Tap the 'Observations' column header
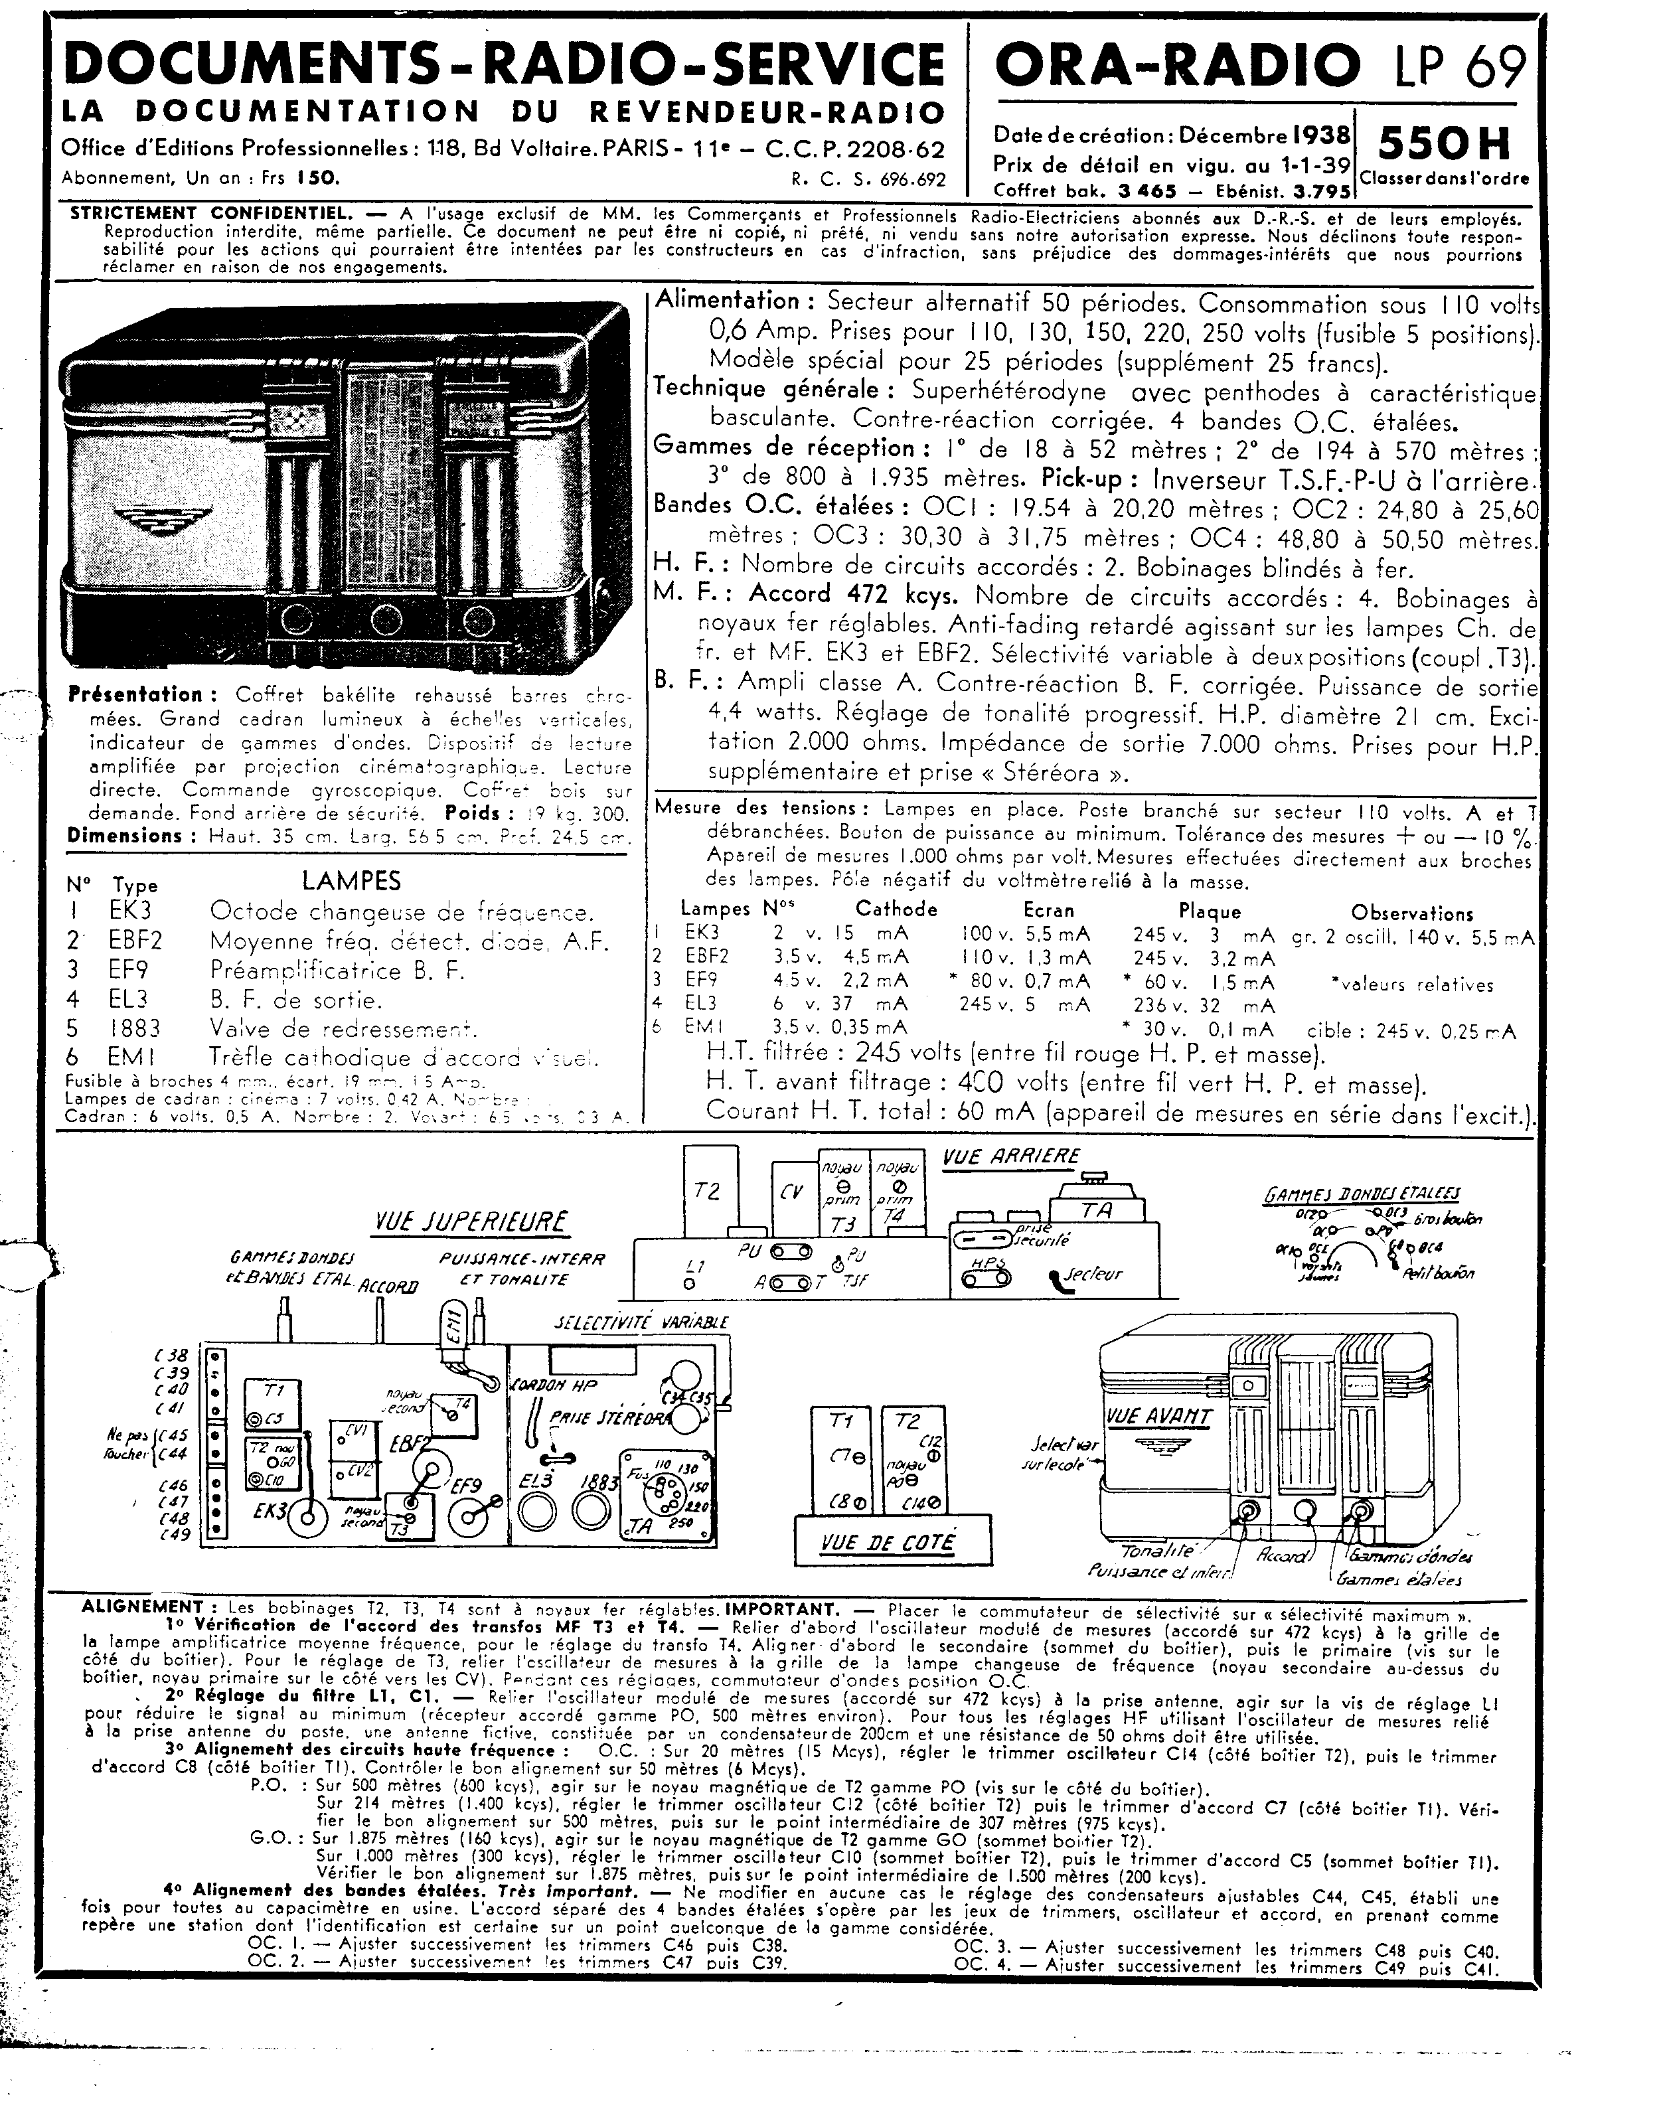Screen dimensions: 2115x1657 point(1411,913)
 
